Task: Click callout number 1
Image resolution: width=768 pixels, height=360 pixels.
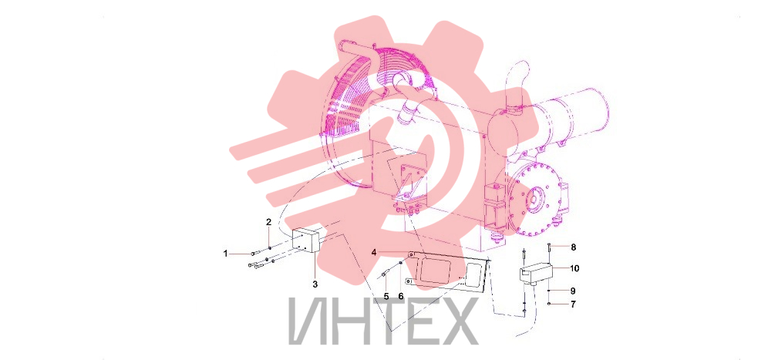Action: [x=226, y=254]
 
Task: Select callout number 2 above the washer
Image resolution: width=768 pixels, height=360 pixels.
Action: [x=268, y=222]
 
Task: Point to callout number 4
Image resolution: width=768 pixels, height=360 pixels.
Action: [x=374, y=252]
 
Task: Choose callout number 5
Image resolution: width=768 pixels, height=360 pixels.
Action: [x=386, y=296]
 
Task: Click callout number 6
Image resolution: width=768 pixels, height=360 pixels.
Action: [x=400, y=296]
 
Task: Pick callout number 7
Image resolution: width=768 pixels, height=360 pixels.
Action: [x=573, y=304]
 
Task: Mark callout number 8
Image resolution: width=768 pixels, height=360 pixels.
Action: [x=573, y=247]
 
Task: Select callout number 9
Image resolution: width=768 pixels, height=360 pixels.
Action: [x=573, y=291]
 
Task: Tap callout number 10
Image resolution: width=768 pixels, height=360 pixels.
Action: [x=574, y=268]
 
